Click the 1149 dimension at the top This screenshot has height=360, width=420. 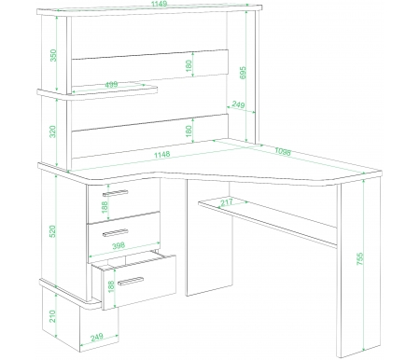pos(159,4)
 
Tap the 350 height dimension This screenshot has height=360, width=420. pos(53,55)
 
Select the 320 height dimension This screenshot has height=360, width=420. pos(52,132)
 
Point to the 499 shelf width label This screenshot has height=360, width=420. pos(111,84)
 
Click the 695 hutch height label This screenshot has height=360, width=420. pos(243,73)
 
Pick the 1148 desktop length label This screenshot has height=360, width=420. pos(162,154)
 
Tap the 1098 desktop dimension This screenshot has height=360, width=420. pos(283,151)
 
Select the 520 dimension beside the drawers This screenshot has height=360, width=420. pos(52,231)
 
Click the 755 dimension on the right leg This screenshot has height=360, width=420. pos(359,259)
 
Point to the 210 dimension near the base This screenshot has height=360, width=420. pos(52,316)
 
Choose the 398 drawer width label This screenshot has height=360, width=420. pos(119,245)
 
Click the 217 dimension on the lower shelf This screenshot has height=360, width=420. pos(227,202)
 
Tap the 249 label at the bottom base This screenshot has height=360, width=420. pos(97,338)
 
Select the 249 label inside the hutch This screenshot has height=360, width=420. pos(238,104)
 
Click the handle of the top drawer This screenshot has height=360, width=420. pos(116,193)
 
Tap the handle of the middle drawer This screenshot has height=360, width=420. pos(116,233)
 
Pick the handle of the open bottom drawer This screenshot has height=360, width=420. pos(131,281)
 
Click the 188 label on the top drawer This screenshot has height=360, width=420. pos(105,207)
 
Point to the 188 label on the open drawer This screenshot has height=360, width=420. pos(111,286)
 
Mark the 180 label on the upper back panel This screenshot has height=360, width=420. pos(189,65)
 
